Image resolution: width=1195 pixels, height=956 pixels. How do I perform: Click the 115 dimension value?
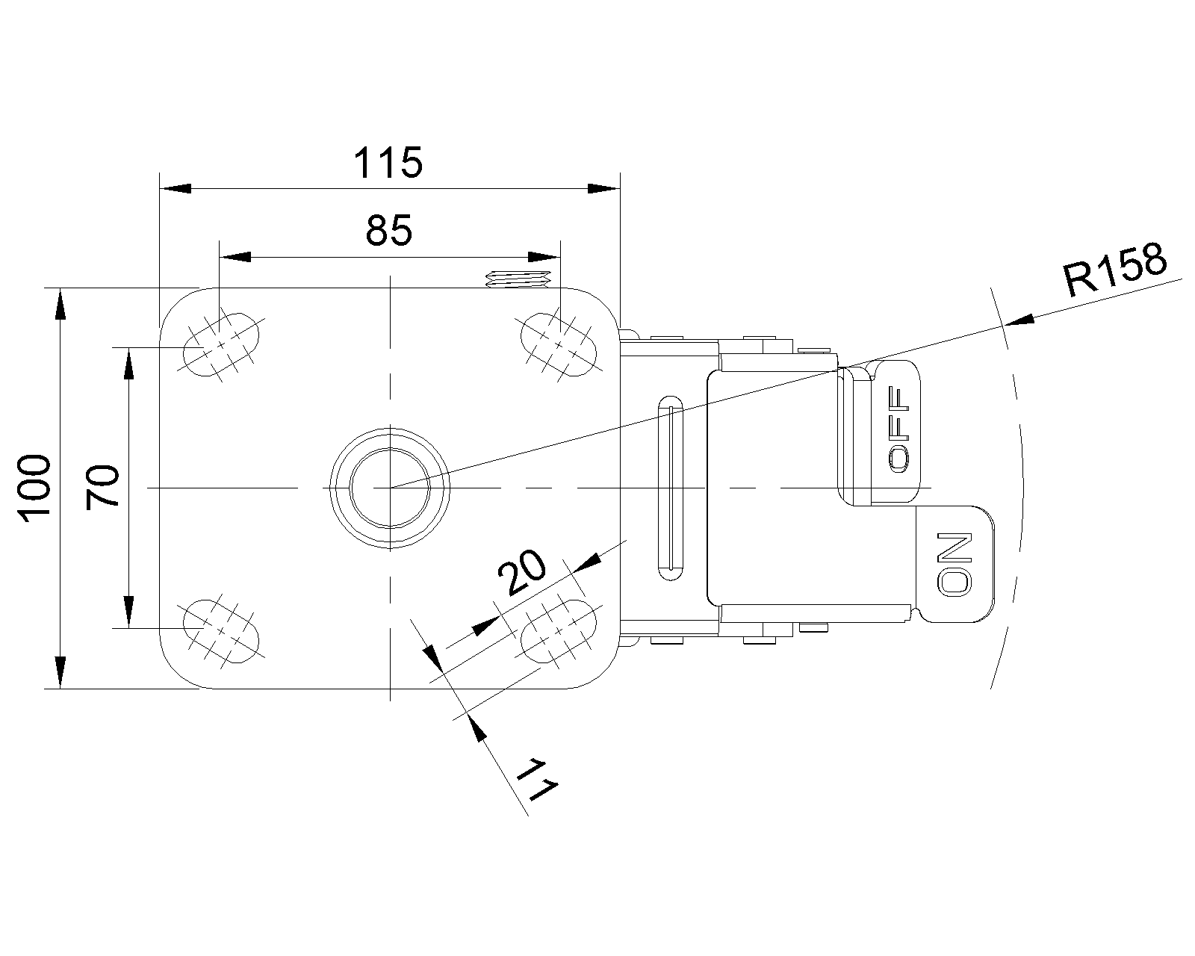pyautogui.click(x=388, y=163)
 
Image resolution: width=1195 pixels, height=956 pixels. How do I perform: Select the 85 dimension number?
pyautogui.click(x=388, y=231)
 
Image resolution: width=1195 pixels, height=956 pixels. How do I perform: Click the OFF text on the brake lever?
pyautogui.click(x=900, y=430)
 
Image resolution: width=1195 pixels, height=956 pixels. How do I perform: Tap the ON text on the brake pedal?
pyautogui.click(x=955, y=564)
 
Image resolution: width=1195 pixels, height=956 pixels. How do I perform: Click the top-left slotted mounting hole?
pyautogui.click(x=222, y=343)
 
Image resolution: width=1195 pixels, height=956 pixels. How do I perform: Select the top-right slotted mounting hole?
pyautogui.click(x=558, y=343)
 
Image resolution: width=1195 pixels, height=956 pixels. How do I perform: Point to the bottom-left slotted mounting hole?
pyautogui.click(x=222, y=631)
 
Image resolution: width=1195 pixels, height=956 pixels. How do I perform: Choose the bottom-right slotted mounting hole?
pyautogui.click(x=558, y=631)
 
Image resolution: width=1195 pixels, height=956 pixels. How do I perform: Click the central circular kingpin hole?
pyautogui.click(x=390, y=488)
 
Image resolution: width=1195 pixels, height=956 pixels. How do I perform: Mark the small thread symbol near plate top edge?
pyautogui.click(x=517, y=279)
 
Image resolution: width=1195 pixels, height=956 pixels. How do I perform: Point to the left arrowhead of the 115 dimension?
pyautogui.click(x=175, y=188)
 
